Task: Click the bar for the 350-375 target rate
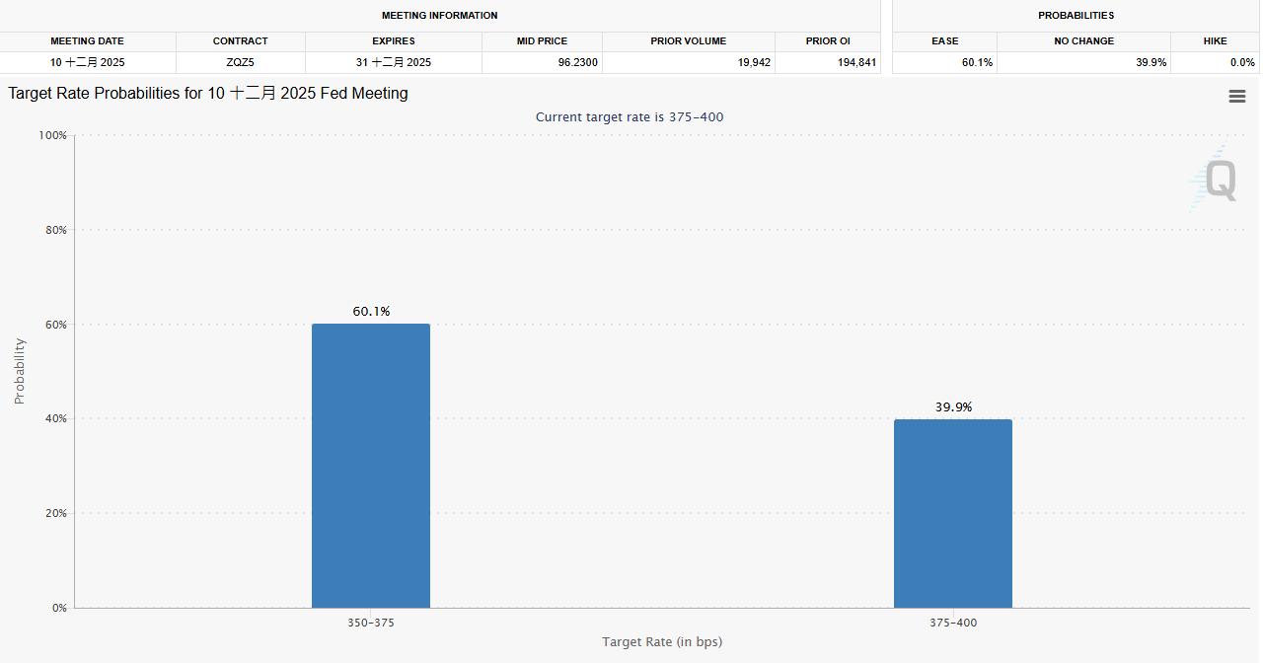[x=371, y=466]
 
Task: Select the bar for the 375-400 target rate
[x=953, y=513]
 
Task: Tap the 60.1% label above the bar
[x=371, y=312]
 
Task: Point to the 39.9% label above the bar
[x=953, y=407]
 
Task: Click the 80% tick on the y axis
[x=53, y=230]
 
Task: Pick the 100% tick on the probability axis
[x=51, y=135]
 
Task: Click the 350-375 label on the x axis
[x=371, y=623]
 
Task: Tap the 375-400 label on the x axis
[x=953, y=623]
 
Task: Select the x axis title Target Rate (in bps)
[x=662, y=642]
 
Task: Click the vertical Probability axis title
[x=20, y=371]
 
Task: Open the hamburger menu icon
[x=1236, y=96]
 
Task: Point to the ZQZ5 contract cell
[x=240, y=62]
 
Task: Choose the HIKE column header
[x=1215, y=41]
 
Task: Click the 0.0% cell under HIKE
[x=1242, y=62]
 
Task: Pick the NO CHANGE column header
[x=1083, y=41]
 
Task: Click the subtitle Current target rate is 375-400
[x=630, y=117]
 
